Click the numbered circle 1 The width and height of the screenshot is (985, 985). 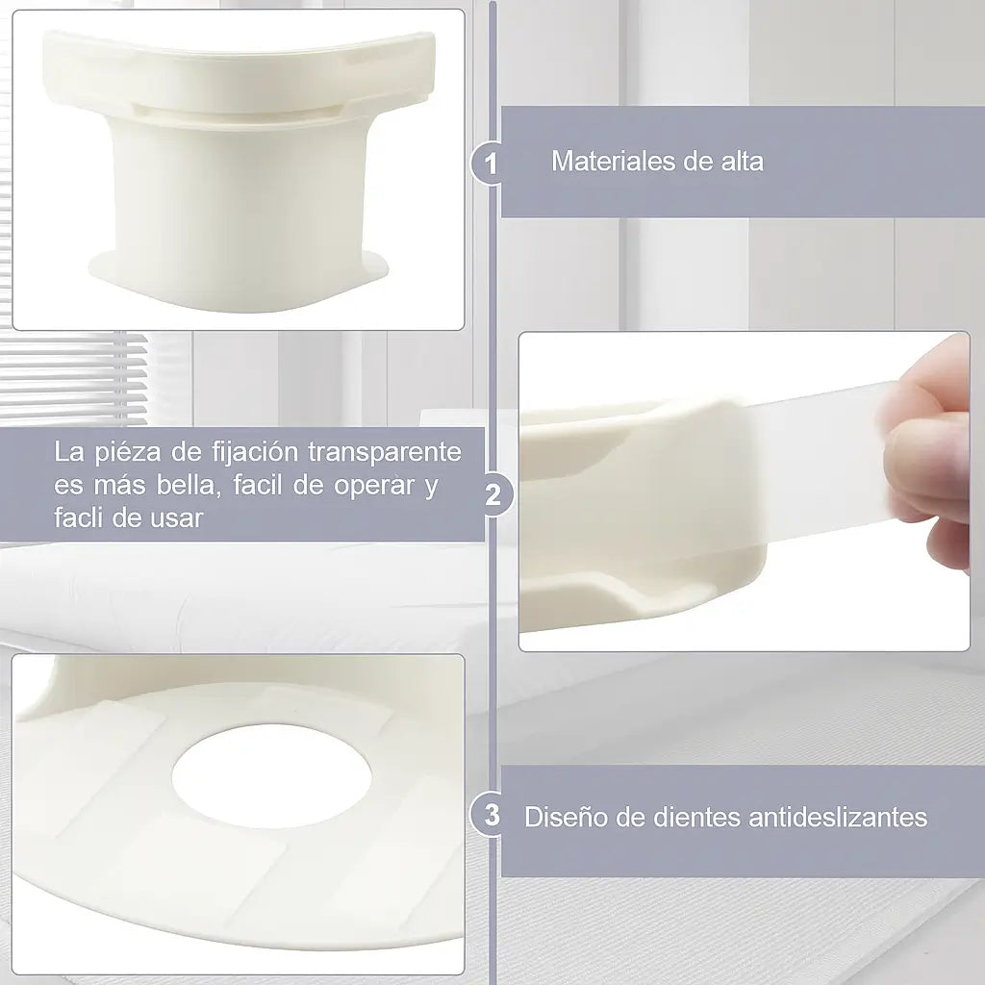[x=491, y=164]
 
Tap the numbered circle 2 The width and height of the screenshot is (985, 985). [x=492, y=495]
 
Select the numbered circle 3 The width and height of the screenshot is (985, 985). [x=492, y=816]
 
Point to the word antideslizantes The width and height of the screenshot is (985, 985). [x=838, y=818]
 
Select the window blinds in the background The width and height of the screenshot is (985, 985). [x=74, y=377]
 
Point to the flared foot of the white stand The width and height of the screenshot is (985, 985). [x=239, y=280]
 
